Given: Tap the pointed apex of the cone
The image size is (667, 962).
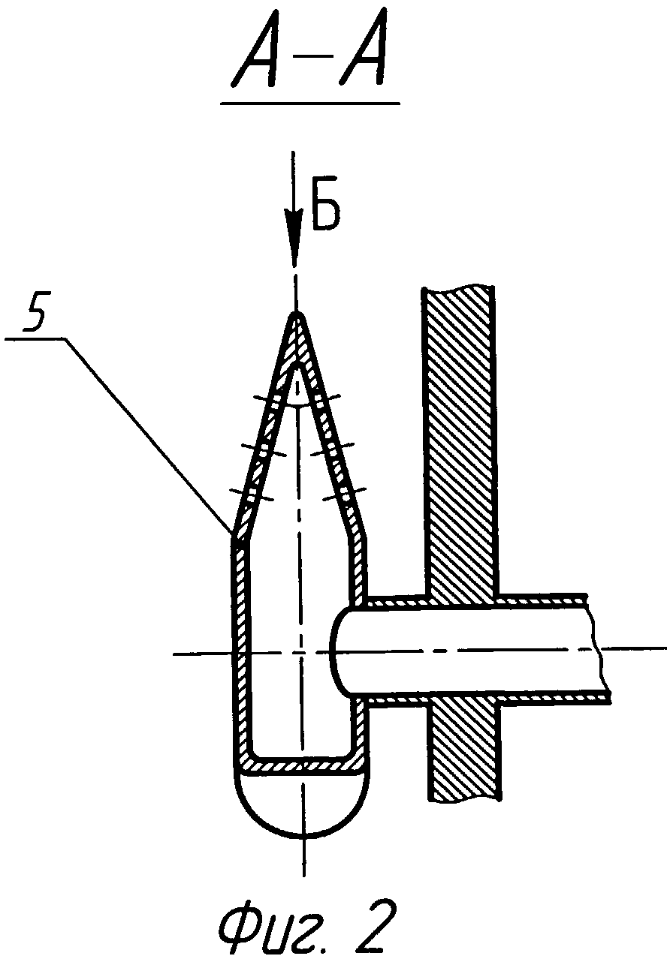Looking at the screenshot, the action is click(x=297, y=316).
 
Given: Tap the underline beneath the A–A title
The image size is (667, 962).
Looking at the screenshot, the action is click(x=309, y=104).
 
